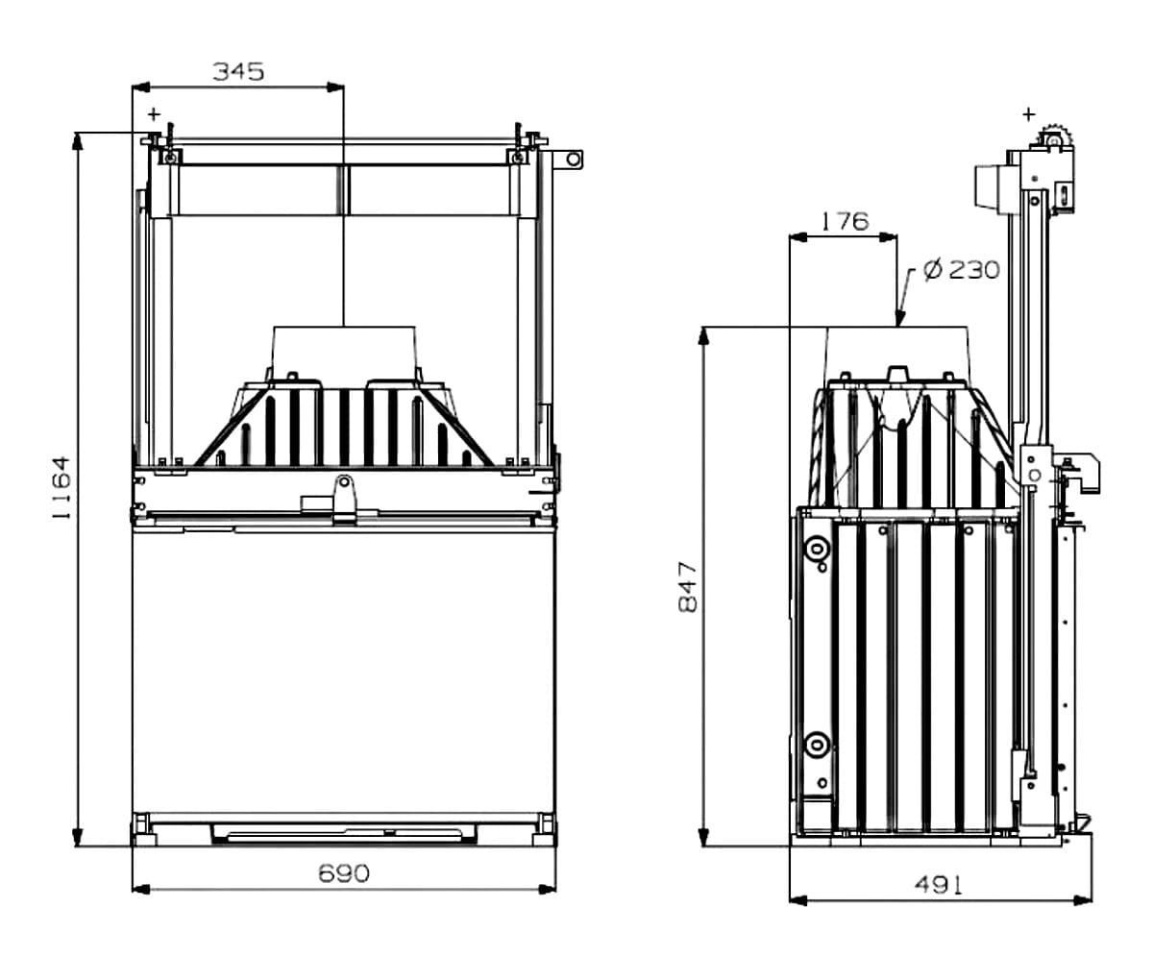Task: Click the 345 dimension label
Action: coord(237,71)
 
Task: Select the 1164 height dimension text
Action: coord(61,487)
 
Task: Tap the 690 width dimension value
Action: coord(343,873)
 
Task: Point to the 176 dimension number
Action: coord(844,221)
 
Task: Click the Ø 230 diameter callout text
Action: coord(960,270)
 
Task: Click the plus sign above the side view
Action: coord(1029,113)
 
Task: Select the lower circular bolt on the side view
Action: coord(817,744)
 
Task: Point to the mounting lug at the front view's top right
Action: coord(574,159)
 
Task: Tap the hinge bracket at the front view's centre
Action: coord(342,492)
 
